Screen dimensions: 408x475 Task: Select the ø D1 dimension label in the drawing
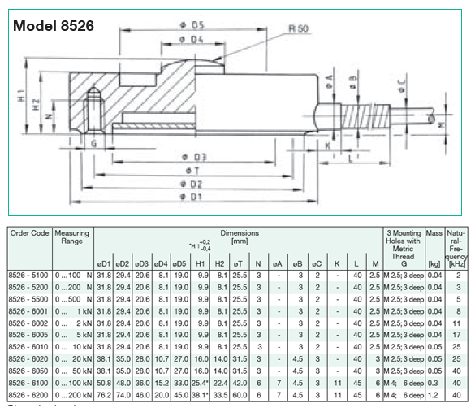pos(191,197)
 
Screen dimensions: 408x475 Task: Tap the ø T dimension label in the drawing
pos(191,170)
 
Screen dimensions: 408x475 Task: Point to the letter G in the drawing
pos(94,145)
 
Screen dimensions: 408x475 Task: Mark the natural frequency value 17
pos(458,334)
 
